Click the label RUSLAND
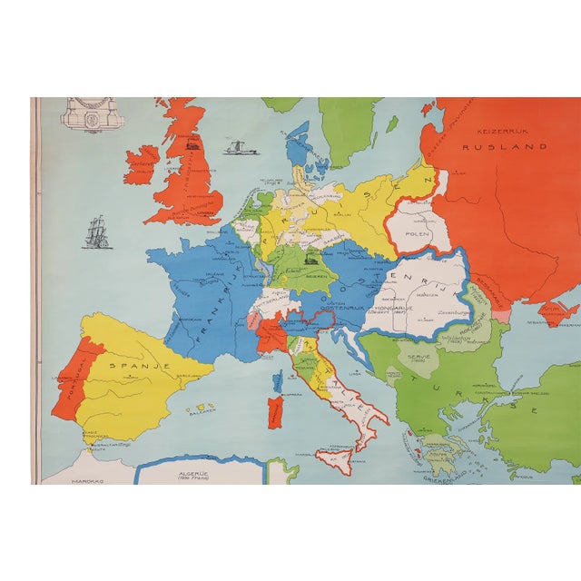pos(517,146)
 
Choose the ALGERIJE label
pos(198,471)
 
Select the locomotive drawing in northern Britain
pos(193,143)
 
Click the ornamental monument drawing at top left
pos(91,114)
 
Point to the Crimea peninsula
pos(556,314)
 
